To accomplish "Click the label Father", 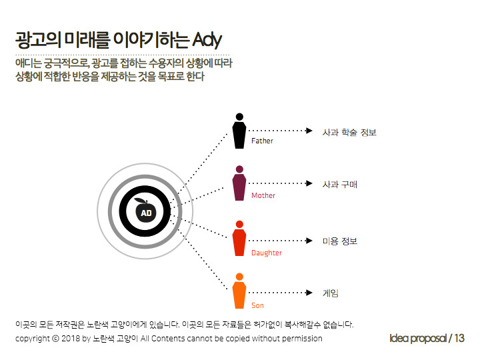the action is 262,141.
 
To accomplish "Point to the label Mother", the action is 263,196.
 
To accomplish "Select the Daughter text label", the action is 266,253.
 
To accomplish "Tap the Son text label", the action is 257,305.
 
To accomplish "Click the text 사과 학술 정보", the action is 349,132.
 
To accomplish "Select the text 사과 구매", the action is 339,184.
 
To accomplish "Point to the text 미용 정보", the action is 339,241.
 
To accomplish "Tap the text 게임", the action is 331,293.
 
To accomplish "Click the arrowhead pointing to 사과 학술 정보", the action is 309,131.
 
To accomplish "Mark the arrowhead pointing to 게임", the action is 309,293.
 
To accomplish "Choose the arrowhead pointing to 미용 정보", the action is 309,241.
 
